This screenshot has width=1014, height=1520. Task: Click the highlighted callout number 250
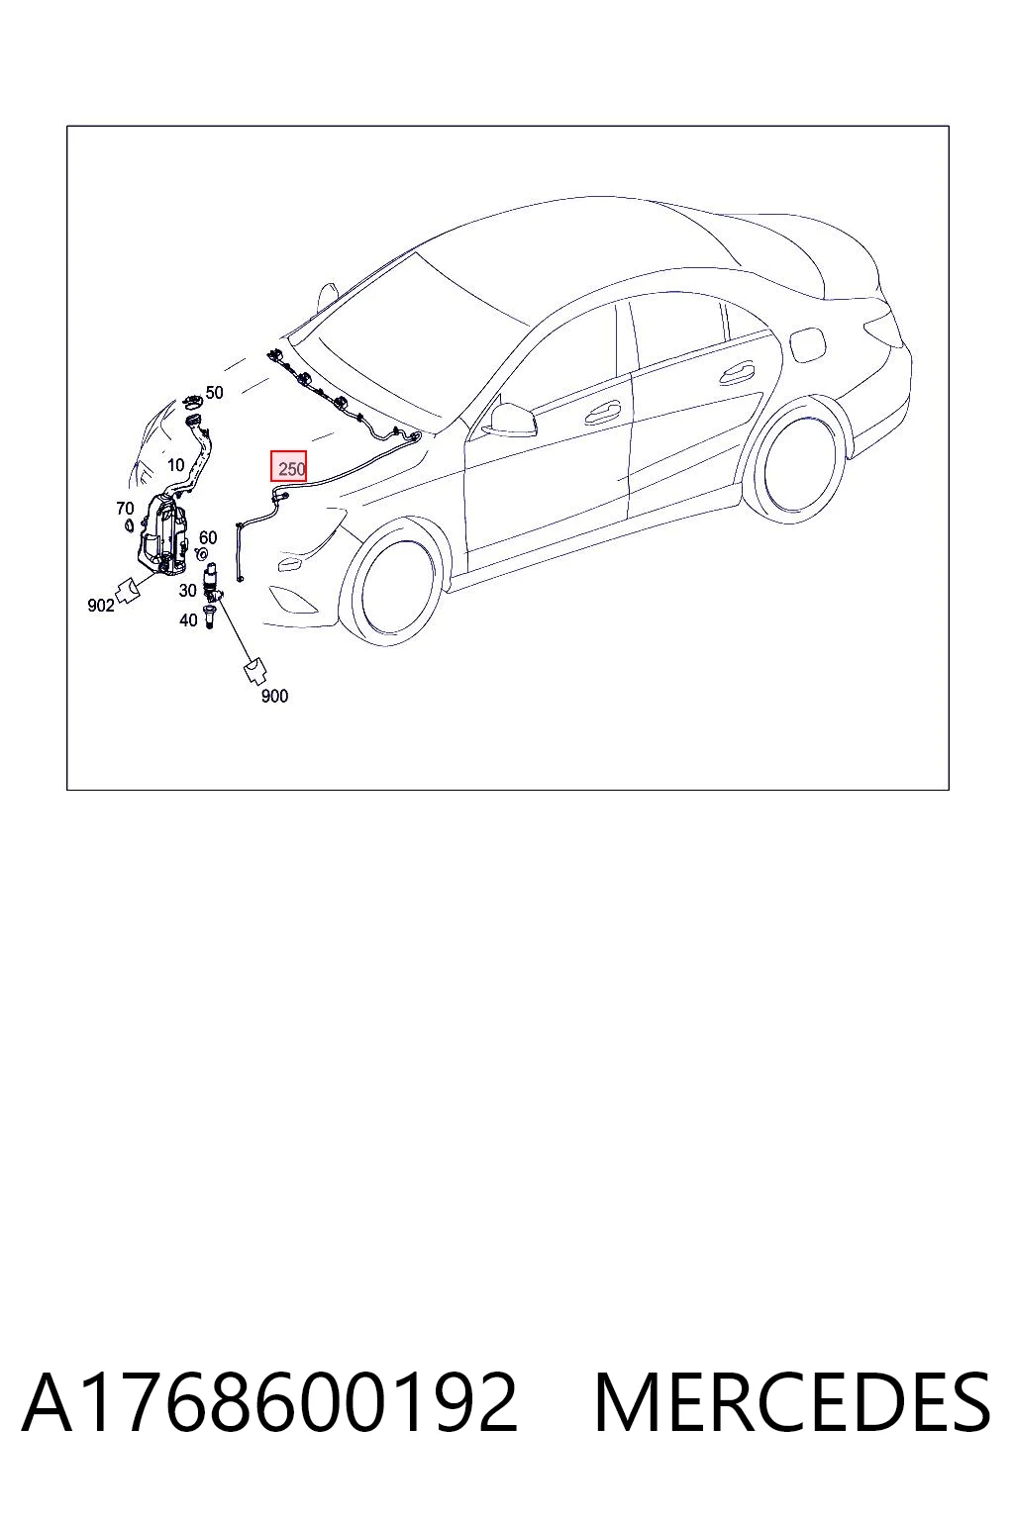pos(291,468)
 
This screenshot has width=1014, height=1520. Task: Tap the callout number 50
pos(214,392)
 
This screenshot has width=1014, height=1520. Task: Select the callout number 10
pos(176,465)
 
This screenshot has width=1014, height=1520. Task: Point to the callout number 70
pos(125,509)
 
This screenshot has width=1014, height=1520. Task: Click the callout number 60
pos(208,537)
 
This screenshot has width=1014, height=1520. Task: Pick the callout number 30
pos(187,591)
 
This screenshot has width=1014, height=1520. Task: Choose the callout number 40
pos(189,619)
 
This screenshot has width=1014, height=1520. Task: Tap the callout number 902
pos(101,605)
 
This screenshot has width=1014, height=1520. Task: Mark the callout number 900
pos(274,696)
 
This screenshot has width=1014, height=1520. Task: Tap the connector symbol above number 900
pos(254,670)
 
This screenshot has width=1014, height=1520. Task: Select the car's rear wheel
pos(799,465)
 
